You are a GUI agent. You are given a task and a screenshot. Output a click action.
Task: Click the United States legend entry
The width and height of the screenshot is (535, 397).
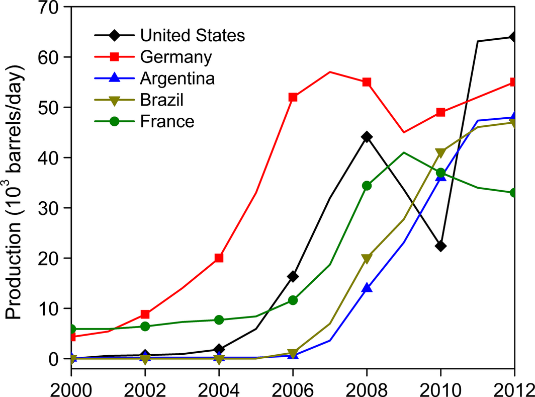pyautogui.click(x=193, y=36)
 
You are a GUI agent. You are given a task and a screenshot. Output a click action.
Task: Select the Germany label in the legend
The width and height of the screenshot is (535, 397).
pyautogui.click(x=176, y=57)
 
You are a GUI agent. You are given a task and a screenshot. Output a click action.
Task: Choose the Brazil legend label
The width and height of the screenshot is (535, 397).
pyautogui.click(x=162, y=100)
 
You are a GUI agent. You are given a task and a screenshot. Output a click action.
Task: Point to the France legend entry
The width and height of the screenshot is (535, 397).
pyautogui.click(x=167, y=121)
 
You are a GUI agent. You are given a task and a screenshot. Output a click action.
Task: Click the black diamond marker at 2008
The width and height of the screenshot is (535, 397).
pyautogui.click(x=367, y=136)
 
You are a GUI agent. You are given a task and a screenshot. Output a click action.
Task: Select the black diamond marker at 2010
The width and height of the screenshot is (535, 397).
pyautogui.click(x=440, y=246)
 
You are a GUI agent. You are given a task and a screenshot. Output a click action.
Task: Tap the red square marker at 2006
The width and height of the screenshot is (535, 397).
pyautogui.click(x=293, y=97)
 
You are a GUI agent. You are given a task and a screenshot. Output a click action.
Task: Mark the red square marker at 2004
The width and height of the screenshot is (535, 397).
pyautogui.click(x=219, y=258)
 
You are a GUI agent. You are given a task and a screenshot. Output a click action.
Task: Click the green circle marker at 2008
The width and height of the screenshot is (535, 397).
pyautogui.click(x=367, y=186)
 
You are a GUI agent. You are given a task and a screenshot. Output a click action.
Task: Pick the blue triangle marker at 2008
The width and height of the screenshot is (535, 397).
pyautogui.click(x=367, y=288)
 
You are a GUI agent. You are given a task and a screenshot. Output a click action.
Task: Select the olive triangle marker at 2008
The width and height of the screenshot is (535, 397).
pyautogui.click(x=367, y=259)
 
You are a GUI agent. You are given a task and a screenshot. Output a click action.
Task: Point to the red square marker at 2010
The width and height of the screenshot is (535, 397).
pyautogui.click(x=440, y=112)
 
